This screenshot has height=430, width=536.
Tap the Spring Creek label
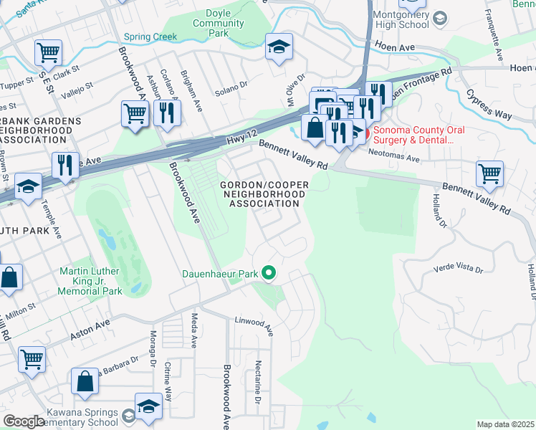click(150, 37)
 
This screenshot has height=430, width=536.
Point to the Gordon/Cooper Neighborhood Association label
click(264, 194)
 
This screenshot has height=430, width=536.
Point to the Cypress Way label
click(489, 103)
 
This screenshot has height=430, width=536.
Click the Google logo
click(24, 421)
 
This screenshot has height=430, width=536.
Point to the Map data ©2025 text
click(505, 424)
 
